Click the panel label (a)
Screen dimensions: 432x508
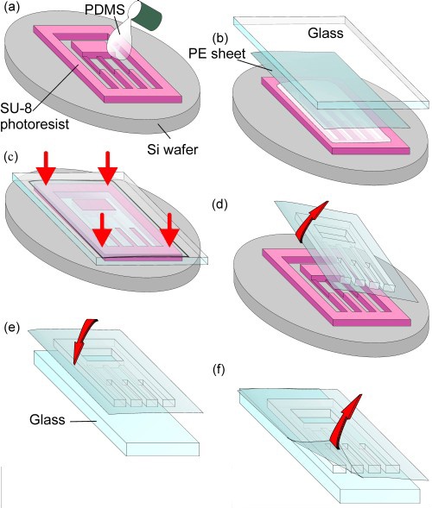pyautogui.click(x=12, y=7)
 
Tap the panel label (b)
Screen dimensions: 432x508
pyautogui.click(x=220, y=38)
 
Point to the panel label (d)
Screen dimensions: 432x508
pyautogui.click(x=219, y=204)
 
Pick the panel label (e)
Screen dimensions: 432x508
pyautogui.click(x=12, y=327)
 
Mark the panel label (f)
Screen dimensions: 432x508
pyautogui.click(x=219, y=369)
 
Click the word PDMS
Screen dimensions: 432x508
pyautogui.click(x=105, y=9)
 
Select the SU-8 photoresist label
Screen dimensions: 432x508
pyautogui.click(x=34, y=116)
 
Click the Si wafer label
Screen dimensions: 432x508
pyautogui.click(x=172, y=149)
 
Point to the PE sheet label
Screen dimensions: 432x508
pyautogui.click(x=217, y=53)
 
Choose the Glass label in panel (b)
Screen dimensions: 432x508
pyautogui.click(x=326, y=33)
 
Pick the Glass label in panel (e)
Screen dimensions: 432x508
pyautogui.click(x=48, y=419)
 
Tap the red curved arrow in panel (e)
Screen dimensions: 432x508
pyautogui.click(x=83, y=340)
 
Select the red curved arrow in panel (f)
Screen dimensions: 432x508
pyautogui.click(x=345, y=421)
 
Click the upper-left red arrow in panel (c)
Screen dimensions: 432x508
pyautogui.click(x=46, y=168)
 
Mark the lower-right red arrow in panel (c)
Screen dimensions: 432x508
pyautogui.click(x=169, y=235)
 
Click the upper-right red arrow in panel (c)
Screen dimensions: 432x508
pyautogui.click(x=108, y=168)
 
